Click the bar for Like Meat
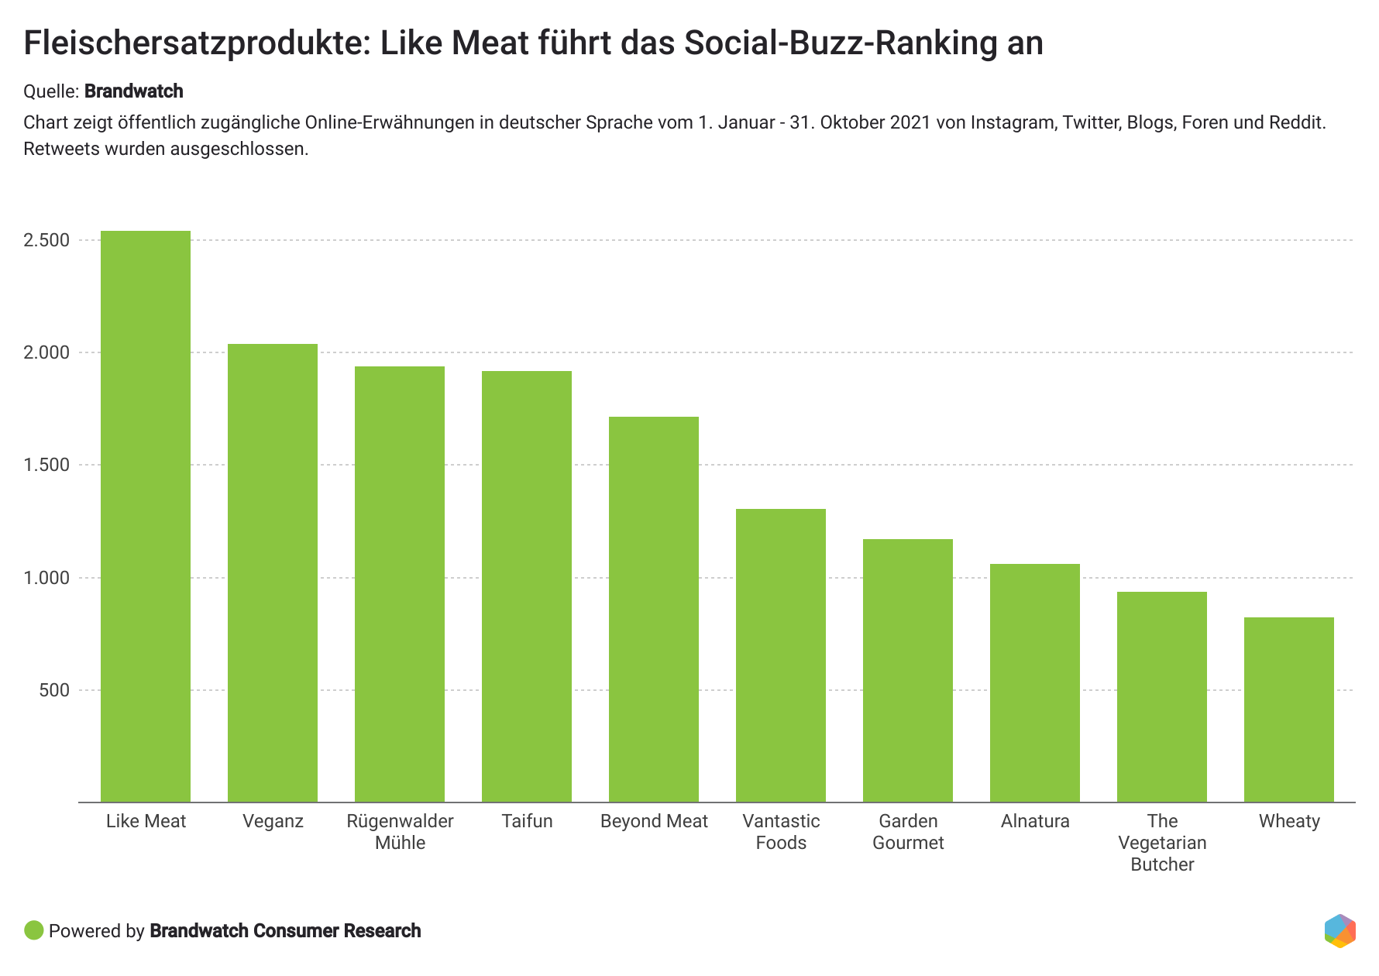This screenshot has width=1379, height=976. point(146,516)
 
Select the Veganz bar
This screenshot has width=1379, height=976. point(273,572)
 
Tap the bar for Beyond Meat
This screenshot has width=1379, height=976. point(654,609)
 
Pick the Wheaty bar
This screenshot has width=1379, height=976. point(1289,710)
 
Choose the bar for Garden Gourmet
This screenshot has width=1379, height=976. point(908,670)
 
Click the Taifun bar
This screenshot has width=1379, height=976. point(527,586)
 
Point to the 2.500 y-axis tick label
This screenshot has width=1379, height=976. point(47,240)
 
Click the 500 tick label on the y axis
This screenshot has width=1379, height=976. point(54,690)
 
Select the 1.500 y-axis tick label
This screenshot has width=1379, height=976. point(47,465)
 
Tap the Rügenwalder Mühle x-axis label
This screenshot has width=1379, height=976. point(400,832)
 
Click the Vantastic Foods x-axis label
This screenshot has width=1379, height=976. point(781,832)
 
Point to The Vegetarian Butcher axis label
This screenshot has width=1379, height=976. point(1162,843)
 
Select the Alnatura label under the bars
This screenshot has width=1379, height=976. point(1035,821)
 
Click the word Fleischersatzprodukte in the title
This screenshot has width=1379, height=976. point(191,43)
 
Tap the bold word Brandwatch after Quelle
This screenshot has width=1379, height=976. point(134,91)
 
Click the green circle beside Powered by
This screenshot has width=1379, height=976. point(34,930)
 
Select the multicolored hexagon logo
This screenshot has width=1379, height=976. point(1340,930)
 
